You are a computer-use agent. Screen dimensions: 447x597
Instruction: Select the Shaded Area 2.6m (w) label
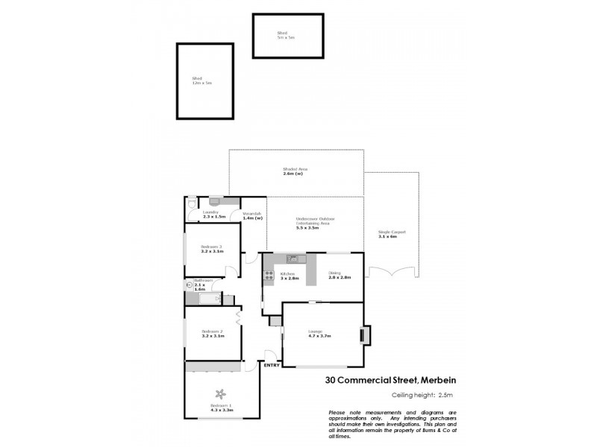pyautogui.click(x=295, y=171)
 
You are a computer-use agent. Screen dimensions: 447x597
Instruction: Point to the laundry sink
pyautogui.click(x=214, y=200)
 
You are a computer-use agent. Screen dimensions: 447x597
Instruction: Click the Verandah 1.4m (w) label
pyautogui.click(x=252, y=216)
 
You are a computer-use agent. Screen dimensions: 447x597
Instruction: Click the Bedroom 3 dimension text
pyautogui.click(x=212, y=252)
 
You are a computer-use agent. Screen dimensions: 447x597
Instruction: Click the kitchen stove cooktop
pyautogui.click(x=267, y=277)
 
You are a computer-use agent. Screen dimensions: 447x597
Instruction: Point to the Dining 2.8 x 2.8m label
pyautogui.click(x=340, y=275)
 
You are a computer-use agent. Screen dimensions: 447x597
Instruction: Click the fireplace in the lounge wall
pyautogui.click(x=363, y=335)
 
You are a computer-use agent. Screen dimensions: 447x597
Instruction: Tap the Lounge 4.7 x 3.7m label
pyautogui.click(x=319, y=335)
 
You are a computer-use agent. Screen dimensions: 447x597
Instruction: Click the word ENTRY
pyautogui.click(x=272, y=364)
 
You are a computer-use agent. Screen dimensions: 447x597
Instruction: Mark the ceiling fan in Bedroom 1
pyautogui.click(x=221, y=393)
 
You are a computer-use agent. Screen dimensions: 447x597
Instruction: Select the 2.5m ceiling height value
pyautogui.click(x=443, y=396)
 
